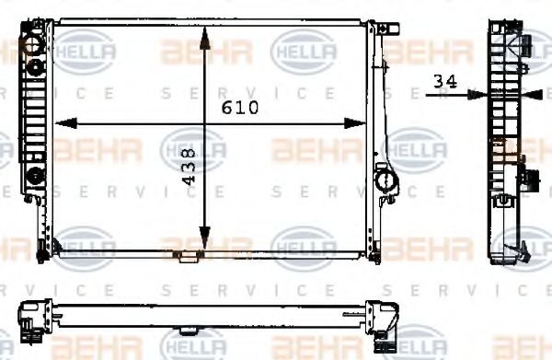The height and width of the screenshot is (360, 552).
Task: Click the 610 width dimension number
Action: click(242, 107)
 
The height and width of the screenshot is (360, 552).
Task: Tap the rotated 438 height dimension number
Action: click(190, 169)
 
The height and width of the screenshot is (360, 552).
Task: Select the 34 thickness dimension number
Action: click(445, 81)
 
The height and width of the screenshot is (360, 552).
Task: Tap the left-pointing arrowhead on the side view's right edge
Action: click(528, 93)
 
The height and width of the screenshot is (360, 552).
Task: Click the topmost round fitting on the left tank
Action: click(35, 43)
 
